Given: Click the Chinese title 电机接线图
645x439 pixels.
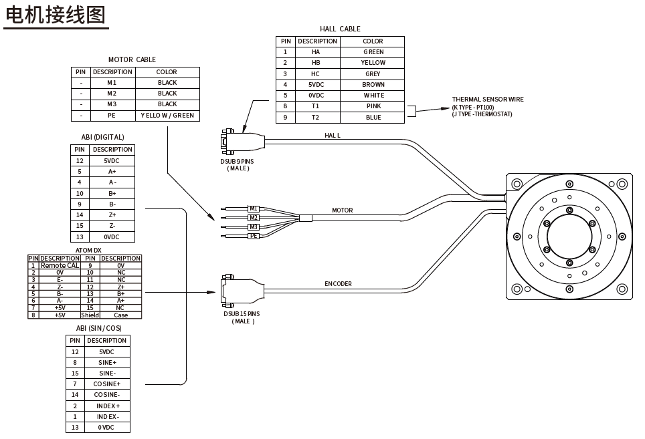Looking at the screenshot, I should (55, 15).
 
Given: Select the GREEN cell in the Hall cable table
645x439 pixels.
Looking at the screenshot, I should (373, 52).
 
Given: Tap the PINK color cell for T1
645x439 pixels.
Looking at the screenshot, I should (373, 106).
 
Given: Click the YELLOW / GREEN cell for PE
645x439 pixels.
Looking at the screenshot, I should (167, 116).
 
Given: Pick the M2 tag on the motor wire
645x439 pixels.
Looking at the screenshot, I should (254, 218).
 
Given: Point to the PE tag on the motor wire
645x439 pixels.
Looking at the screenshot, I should (254, 236).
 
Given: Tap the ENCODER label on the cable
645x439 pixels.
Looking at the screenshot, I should (338, 284).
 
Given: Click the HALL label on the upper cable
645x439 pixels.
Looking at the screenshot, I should (333, 136).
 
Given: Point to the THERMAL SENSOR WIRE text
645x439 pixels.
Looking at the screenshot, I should (487, 100).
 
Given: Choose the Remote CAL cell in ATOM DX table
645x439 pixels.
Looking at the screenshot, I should (60, 266).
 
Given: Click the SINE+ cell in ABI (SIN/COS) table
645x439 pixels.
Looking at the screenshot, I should (106, 363).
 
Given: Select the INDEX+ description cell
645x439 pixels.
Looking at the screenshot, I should (106, 406).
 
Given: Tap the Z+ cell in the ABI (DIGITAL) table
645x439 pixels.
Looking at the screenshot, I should (112, 215).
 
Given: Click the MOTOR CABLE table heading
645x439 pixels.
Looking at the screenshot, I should (132, 59).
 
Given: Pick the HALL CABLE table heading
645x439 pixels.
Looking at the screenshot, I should (340, 29).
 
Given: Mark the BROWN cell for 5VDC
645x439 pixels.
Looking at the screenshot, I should (373, 85).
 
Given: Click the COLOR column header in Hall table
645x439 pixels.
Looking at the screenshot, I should (373, 41).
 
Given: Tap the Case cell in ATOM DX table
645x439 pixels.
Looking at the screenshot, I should (120, 315).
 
